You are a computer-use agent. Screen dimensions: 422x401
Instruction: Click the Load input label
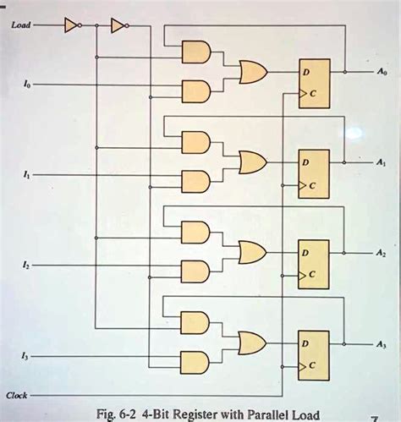coord(21,25)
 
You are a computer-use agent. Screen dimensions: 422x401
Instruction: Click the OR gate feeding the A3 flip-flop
coord(252,343)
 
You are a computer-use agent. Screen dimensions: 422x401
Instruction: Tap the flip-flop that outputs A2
coord(314,262)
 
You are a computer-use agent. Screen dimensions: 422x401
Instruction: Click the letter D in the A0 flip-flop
coord(308,74)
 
